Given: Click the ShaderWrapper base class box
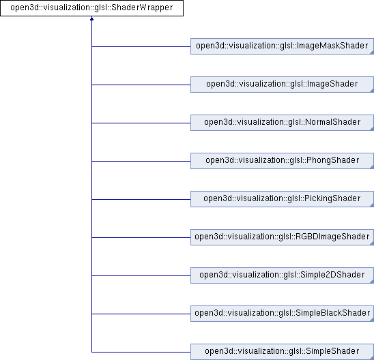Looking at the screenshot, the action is (x=92, y=8).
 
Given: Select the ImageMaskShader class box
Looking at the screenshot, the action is (x=282, y=46).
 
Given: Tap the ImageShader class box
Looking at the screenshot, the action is (x=282, y=85).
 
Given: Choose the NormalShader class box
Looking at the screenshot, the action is (x=282, y=123).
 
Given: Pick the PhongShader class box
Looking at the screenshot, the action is (x=282, y=161).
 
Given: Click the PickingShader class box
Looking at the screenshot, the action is (x=282, y=199).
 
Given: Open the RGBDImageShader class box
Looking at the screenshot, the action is (x=282, y=237).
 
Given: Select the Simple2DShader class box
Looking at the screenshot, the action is (x=282, y=275).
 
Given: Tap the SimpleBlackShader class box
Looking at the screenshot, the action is (x=282, y=314).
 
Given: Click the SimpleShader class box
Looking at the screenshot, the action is (x=282, y=352).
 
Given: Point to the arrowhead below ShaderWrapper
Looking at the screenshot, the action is (x=92, y=18).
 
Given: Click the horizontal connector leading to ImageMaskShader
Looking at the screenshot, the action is (x=141, y=46).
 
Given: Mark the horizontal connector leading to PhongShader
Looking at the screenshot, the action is (x=141, y=162).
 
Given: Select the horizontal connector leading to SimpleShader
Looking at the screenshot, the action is (x=141, y=352).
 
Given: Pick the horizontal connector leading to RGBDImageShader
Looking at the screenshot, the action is (x=141, y=237).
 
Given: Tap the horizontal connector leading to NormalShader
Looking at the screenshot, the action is (x=141, y=123).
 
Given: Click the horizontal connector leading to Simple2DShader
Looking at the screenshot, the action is (x=141, y=276).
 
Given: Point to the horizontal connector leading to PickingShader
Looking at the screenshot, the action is (x=141, y=199).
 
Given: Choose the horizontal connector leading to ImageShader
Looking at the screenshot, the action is (x=141, y=85).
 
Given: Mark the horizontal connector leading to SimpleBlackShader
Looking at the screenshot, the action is (x=141, y=314).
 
